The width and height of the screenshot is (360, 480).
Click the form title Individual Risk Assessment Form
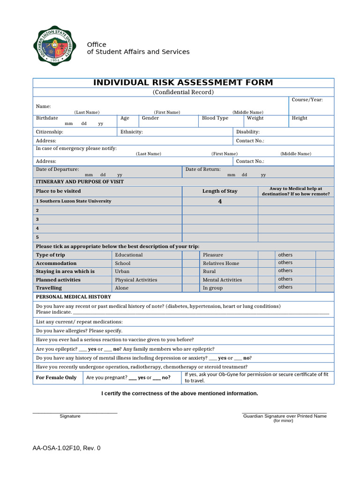pyautogui.click(x=183, y=82)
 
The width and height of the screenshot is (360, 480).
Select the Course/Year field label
pyautogui.click(x=307, y=100)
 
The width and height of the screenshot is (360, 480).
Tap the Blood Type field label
pyautogui.click(x=215, y=118)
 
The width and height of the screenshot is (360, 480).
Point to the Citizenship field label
pyautogui.click(x=49, y=132)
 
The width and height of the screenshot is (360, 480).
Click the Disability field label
pyautogui.click(x=247, y=132)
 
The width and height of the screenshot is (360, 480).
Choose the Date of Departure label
pyautogui.click(x=57, y=169)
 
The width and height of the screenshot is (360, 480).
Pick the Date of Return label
pyautogui.click(x=202, y=169)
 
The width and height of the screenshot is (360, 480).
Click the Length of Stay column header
pyautogui.click(x=219, y=191)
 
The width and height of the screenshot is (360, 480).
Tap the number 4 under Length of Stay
pyautogui.click(x=220, y=202)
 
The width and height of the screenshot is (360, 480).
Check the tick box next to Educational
pyautogui.click(x=190, y=255)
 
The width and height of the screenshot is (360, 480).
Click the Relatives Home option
pyautogui.click(x=221, y=263)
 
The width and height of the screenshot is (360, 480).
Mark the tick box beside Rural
pyautogui.click(x=266, y=271)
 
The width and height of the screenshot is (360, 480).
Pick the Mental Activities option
pyautogui.click(x=222, y=280)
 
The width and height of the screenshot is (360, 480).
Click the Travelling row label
pyautogui.click(x=49, y=288)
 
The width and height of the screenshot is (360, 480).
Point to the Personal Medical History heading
pyautogui.click(x=74, y=297)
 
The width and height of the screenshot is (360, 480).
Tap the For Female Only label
pyautogui.click(x=56, y=378)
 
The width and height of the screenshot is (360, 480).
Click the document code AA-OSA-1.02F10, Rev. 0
pyautogui.click(x=66, y=448)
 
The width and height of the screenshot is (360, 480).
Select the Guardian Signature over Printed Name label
pyautogui.click(x=285, y=416)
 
